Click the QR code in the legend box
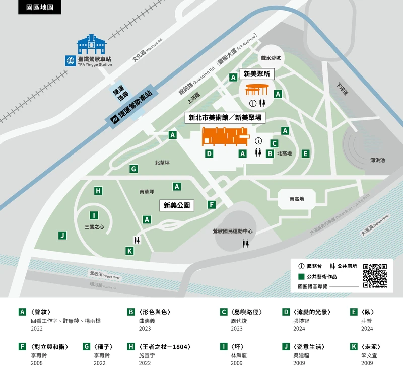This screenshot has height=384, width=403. point(375,275)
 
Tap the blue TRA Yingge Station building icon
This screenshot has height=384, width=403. point(91,45)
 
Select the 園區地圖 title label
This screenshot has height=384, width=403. point(40,8)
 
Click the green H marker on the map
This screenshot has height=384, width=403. point(98,191)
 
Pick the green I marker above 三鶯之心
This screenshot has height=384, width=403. point(94,215)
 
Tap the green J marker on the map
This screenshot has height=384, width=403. point(62,235)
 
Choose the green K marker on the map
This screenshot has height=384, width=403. point(129,251)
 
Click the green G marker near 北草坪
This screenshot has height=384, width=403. point(133,169)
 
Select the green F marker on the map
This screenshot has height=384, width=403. point(212,205)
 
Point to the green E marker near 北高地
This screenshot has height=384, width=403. point(305,153)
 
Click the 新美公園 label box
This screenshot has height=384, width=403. point(177,205)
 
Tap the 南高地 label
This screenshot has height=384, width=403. point(297,199)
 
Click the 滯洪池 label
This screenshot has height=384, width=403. point(377,160)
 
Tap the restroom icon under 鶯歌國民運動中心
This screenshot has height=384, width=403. point(246,243)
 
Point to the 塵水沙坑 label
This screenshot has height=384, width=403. point(271,58)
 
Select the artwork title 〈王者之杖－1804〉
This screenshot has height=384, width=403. point(164,347)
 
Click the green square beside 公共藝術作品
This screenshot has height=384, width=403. point(301,276)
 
